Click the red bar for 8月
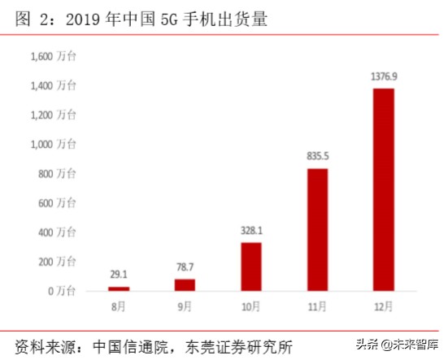point(119,288)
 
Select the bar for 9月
point(185,284)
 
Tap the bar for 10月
point(251,266)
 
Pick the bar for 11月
point(317,229)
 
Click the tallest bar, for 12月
point(384,189)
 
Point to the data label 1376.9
point(384,76)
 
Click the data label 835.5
point(317,156)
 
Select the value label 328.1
point(251,230)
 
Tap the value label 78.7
point(185,267)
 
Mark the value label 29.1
point(119,275)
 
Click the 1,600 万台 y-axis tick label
point(53,56)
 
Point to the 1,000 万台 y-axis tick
point(53,144)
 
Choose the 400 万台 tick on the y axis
point(57,232)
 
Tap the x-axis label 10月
point(251,308)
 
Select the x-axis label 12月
point(384,308)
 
